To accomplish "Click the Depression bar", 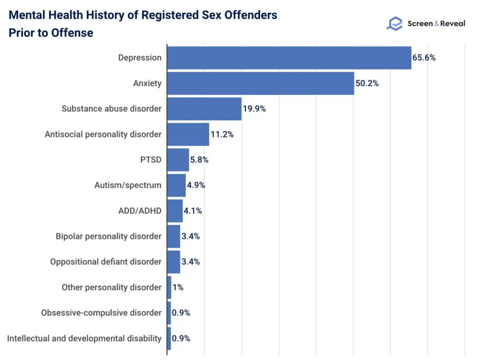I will (x=289, y=58).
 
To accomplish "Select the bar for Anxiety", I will (x=260, y=83).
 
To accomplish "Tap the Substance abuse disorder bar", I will (x=204, y=109).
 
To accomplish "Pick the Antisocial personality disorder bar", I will (x=188, y=134).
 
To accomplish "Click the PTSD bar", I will (x=178, y=160).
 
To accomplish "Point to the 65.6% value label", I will (x=424, y=58).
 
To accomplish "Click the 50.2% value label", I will (x=367, y=83).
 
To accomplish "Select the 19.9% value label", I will (x=254, y=109).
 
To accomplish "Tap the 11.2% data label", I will (x=222, y=134).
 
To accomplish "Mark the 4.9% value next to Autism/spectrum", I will (x=196, y=185).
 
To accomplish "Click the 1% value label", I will (x=178, y=287).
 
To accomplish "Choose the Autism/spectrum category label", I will (x=128, y=185).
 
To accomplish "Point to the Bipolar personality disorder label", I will (x=109, y=236).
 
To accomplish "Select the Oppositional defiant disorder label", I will (x=106, y=262).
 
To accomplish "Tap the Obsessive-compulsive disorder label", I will (x=101, y=312).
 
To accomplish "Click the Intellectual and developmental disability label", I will (x=85, y=338).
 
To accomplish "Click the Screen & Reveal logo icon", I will (x=394, y=24).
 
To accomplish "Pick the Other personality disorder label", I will (x=111, y=287).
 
